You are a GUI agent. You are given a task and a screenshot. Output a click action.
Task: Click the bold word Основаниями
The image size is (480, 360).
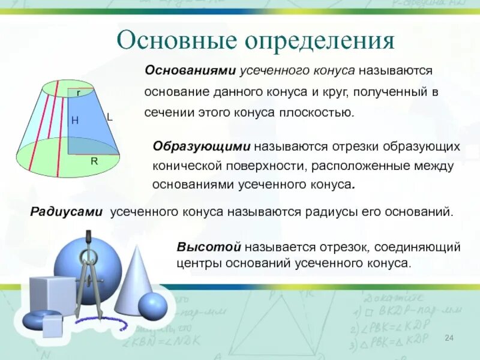coord(190,71)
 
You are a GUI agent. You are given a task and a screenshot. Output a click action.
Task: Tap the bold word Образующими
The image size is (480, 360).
coord(202,146)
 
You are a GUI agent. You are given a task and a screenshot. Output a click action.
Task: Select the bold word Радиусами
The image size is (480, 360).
coord(66,212)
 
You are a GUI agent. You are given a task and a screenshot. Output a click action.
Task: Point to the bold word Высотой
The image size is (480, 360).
coord(209,247)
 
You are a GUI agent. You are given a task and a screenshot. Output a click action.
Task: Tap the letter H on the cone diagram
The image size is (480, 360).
coord(74,121)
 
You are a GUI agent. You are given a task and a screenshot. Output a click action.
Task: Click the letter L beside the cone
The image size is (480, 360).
coord(110,117)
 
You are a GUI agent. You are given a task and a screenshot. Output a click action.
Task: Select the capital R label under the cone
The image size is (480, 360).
coord(94,161)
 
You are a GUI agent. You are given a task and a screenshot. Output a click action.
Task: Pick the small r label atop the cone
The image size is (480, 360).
coord(79,93)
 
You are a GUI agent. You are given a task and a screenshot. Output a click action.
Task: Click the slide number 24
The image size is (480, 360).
coord(449,338)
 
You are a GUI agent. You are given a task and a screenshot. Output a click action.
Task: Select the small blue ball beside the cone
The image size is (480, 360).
coord(153,306)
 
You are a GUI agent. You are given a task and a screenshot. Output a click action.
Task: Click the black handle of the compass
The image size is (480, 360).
coord(89,239)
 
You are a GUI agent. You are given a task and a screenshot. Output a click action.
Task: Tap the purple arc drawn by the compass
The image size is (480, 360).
coord(103,323)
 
